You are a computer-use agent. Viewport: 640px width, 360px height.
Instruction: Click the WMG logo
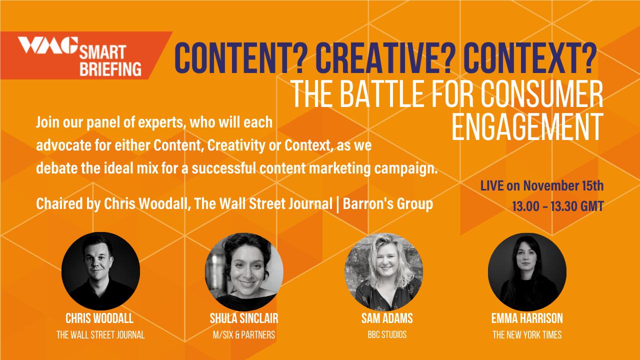[48, 45]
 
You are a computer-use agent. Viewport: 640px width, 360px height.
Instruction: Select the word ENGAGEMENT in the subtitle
[527, 127]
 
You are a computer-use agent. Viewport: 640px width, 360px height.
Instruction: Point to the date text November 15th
[563, 185]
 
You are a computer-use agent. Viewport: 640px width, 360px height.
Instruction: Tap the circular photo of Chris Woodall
[100, 271]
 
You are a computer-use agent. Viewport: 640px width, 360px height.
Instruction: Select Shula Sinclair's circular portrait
[244, 271]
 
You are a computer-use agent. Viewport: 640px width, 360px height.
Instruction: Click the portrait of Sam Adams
[383, 271]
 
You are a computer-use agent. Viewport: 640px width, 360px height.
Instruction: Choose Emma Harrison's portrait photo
[527, 271]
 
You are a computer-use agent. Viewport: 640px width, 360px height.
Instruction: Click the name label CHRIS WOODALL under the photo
[99, 318]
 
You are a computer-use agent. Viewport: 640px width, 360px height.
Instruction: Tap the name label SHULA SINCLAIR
[244, 318]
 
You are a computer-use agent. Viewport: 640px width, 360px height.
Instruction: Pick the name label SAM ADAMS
[387, 318]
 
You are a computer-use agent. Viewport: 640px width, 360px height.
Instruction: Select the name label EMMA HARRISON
[527, 318]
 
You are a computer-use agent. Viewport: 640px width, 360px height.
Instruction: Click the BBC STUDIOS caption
[387, 334]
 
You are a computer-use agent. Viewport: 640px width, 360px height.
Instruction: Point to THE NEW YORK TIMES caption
[527, 334]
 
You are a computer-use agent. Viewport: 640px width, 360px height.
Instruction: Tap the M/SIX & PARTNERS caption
[244, 334]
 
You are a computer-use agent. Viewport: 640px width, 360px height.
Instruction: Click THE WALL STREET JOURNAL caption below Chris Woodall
[100, 334]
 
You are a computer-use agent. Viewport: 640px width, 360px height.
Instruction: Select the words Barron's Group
[388, 203]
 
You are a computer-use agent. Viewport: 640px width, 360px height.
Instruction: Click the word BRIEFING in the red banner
[110, 69]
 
